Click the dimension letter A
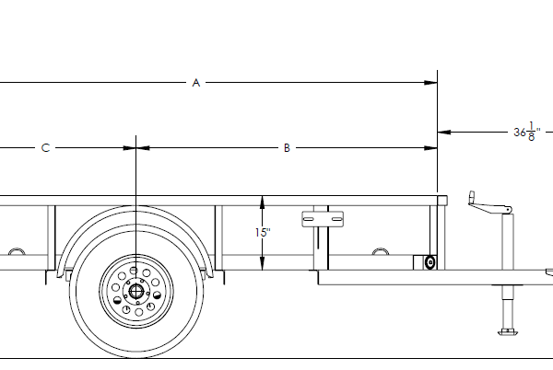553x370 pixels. [195, 83]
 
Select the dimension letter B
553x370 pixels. [287, 147]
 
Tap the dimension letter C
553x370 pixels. [45, 147]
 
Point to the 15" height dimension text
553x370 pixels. [263, 233]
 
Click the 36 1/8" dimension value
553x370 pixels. [526, 133]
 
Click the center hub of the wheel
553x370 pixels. [136, 292]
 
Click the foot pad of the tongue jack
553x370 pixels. [506, 330]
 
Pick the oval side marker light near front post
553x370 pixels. [429, 263]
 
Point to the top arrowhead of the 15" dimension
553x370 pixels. [263, 200]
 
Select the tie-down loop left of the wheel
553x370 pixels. [15, 251]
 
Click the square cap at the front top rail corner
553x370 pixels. [442, 200]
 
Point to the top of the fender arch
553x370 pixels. [136, 209]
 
